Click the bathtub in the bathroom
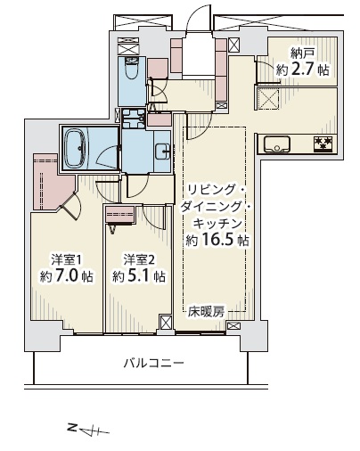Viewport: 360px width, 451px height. (75, 148)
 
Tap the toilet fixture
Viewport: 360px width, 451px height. (132, 68)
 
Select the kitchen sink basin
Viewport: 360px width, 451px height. (276, 144)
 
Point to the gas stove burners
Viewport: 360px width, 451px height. (323, 143)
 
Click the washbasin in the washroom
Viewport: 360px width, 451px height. (163, 152)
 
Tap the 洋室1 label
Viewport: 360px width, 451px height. (66, 260)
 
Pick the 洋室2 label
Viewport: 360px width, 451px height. (139, 260)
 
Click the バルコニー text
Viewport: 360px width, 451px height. (154, 363)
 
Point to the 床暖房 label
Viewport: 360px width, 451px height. (206, 312)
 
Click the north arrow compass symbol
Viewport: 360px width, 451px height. (88, 430)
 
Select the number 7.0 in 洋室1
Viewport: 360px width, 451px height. (66, 276)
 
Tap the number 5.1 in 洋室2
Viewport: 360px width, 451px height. (139, 276)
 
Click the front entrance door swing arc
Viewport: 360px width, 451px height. (193, 15)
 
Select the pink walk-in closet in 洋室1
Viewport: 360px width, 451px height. (51, 181)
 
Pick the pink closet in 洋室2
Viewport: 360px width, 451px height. (120, 214)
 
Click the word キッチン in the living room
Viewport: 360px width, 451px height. (217, 224)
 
